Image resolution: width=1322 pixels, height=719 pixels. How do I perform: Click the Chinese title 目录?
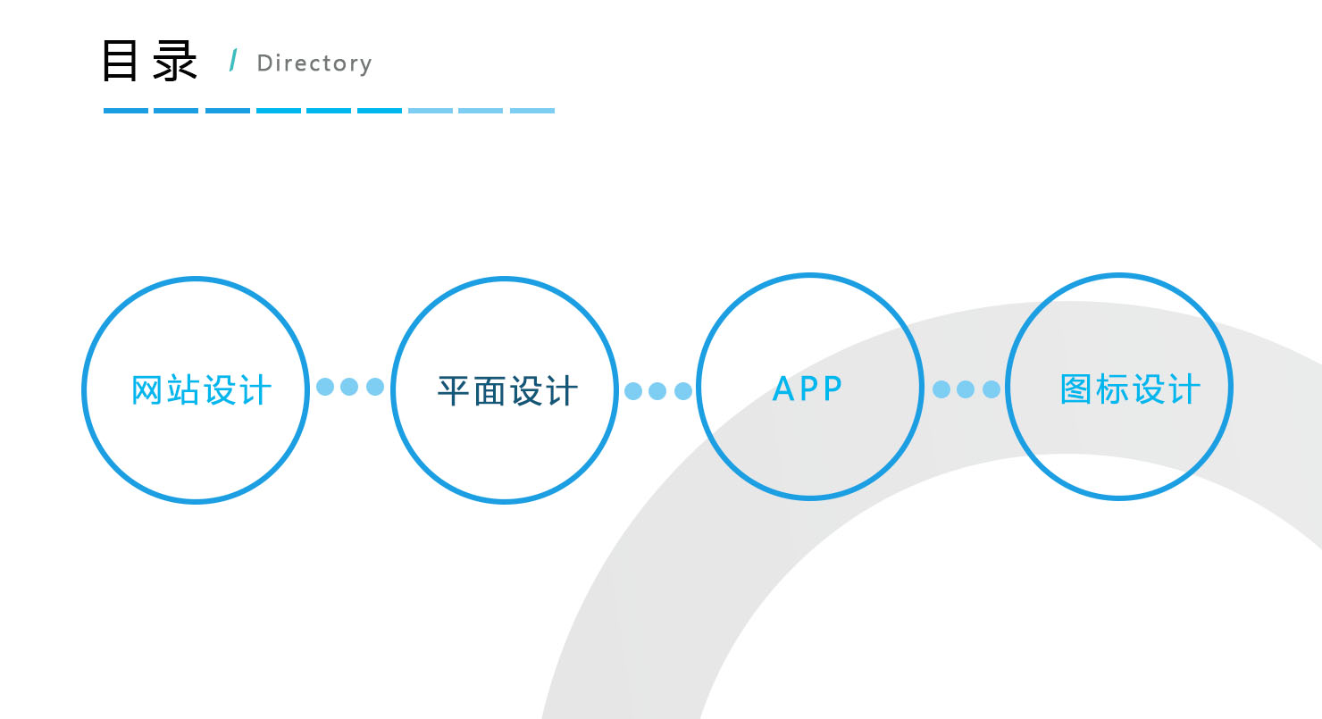(x=149, y=61)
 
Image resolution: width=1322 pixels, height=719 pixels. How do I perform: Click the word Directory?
(x=314, y=63)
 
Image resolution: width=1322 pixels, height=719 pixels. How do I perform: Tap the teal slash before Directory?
(x=234, y=60)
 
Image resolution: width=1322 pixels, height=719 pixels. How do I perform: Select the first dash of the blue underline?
(x=126, y=111)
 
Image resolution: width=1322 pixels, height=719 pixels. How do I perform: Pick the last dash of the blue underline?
(x=532, y=111)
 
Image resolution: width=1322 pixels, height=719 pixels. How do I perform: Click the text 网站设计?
(x=201, y=389)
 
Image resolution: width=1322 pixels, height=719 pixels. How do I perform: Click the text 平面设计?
(x=507, y=391)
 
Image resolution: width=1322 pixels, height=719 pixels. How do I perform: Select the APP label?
(x=807, y=389)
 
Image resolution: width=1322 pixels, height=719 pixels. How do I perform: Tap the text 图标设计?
(x=1130, y=389)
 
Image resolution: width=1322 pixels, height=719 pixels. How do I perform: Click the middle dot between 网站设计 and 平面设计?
(x=349, y=387)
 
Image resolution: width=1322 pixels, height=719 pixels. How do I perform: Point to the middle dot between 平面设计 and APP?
(x=657, y=391)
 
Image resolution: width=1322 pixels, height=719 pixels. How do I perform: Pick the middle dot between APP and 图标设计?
(x=966, y=389)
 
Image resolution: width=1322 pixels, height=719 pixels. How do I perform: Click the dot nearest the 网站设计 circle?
(x=325, y=387)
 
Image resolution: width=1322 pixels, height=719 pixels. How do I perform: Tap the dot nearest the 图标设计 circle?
(x=991, y=389)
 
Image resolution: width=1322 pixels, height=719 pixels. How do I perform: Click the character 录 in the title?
(x=175, y=61)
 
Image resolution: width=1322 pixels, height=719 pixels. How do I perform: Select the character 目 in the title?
(x=120, y=60)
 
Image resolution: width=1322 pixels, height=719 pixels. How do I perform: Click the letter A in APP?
(x=783, y=389)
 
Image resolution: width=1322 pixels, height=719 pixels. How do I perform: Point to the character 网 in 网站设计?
(x=146, y=389)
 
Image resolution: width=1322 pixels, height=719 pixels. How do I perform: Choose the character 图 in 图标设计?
(x=1075, y=389)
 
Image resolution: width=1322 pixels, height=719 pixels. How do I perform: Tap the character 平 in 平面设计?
(x=453, y=391)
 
